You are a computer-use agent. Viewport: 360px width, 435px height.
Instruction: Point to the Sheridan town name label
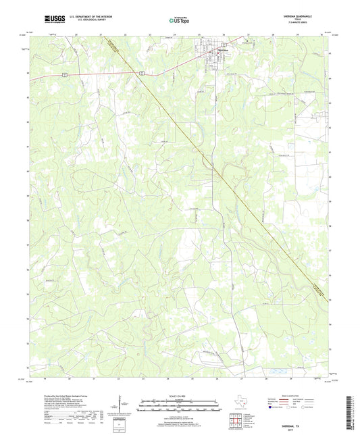[222, 51]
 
